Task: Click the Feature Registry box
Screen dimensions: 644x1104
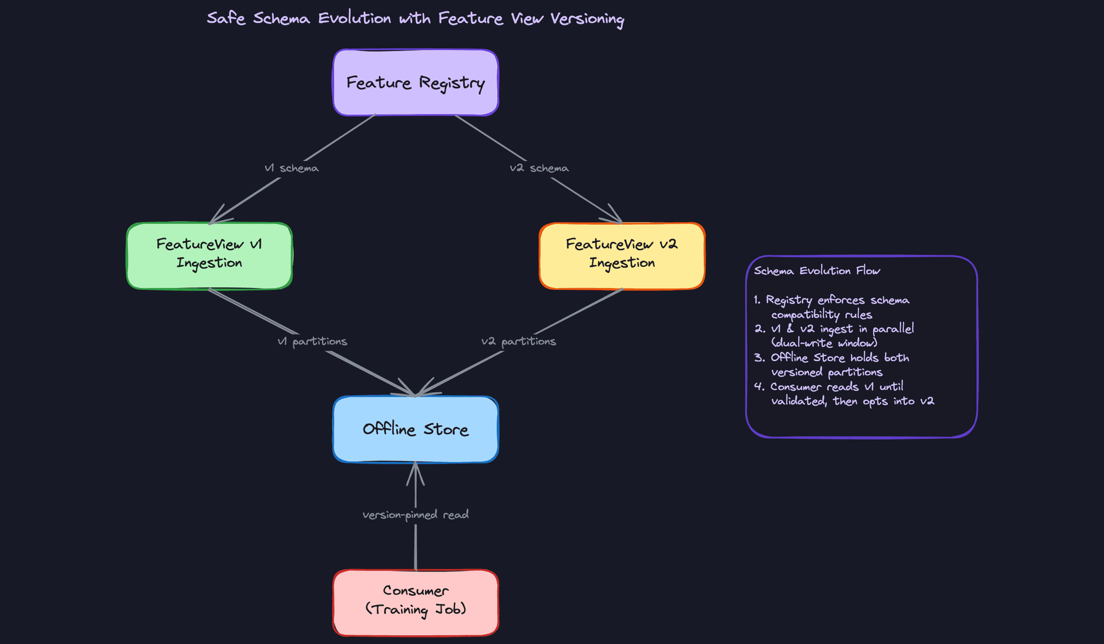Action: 415,83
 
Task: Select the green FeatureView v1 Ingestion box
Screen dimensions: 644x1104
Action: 209,255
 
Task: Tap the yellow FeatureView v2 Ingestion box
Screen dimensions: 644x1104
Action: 622,255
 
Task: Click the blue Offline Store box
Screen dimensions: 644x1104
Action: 415,429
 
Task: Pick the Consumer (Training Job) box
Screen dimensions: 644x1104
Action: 415,601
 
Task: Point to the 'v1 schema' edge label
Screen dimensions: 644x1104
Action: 291,168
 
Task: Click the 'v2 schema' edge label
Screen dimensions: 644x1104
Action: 539,168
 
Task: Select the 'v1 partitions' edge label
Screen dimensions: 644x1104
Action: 312,342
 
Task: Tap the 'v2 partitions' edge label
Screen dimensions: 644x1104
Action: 518,342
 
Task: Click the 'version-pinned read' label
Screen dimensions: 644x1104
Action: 415,515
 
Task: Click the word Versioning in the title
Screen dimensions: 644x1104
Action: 586,19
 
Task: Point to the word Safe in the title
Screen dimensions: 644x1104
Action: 225,18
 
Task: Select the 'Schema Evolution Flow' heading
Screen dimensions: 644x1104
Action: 816,271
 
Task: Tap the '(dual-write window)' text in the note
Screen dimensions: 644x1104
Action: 824,343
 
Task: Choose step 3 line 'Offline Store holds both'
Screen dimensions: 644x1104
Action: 839,358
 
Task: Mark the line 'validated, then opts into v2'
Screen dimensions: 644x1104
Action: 852,401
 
